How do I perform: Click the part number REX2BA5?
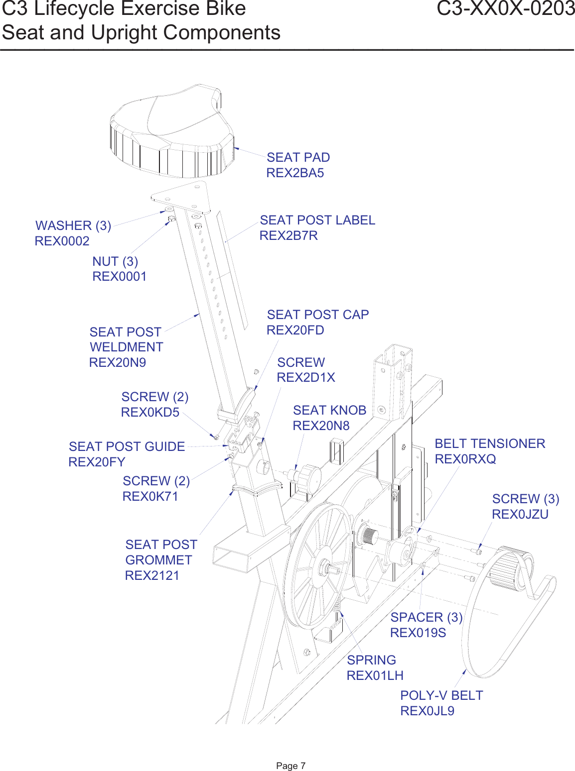(x=295, y=173)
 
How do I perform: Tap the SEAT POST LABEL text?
(x=317, y=220)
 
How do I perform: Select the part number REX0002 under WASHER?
(x=62, y=241)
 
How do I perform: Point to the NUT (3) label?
(x=115, y=261)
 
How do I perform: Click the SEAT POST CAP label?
(x=318, y=315)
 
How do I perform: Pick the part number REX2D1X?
(x=306, y=378)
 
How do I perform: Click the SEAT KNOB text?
(x=329, y=410)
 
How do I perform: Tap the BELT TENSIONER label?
(x=490, y=443)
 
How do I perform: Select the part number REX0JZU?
(x=520, y=515)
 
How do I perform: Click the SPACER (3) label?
(x=427, y=617)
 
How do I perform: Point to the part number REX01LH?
(x=375, y=676)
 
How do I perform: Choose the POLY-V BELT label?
(x=441, y=695)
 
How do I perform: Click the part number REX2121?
(x=152, y=576)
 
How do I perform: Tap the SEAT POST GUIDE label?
(x=127, y=446)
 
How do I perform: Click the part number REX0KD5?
(x=150, y=413)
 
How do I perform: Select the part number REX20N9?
(x=118, y=363)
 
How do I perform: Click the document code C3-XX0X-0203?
(x=505, y=9)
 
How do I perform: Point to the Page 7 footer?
(x=290, y=766)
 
